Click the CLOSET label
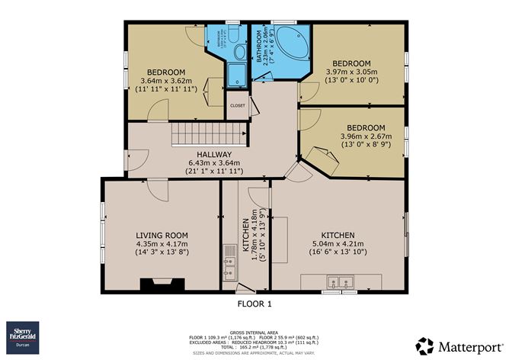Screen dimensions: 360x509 [238, 106]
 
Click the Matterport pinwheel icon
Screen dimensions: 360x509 [425, 345]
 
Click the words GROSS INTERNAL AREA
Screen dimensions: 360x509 [254, 330]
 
